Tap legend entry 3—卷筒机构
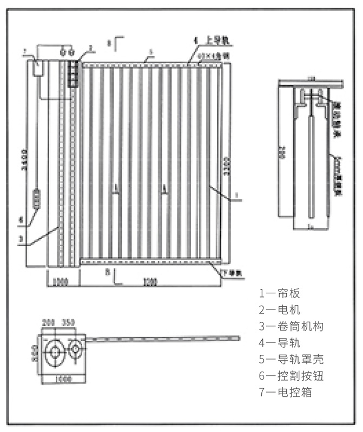click(292, 326)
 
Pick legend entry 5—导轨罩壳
click(292, 359)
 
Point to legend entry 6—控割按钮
click(292, 375)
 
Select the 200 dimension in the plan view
click(49, 322)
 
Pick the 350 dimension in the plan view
click(68, 322)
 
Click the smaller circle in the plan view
click(76, 350)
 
